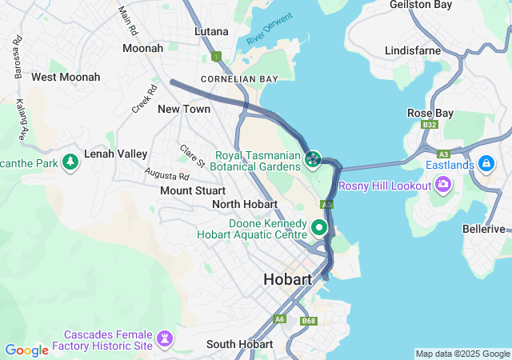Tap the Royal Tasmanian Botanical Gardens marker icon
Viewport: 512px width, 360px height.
(x=313, y=160)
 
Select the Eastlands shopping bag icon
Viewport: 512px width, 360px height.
(x=486, y=164)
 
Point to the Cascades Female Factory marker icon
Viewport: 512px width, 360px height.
(x=165, y=340)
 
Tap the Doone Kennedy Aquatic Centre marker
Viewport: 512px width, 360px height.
(x=320, y=228)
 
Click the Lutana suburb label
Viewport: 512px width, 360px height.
(x=211, y=31)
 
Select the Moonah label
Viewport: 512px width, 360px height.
(x=142, y=48)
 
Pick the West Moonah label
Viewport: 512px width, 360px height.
(x=66, y=77)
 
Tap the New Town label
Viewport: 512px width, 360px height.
(x=184, y=109)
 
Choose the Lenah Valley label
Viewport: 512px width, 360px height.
(x=116, y=154)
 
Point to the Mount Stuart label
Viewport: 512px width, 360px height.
(x=192, y=190)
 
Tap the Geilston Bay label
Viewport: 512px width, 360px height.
(x=421, y=5)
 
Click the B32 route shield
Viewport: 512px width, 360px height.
(x=430, y=125)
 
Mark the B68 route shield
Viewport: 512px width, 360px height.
(x=309, y=321)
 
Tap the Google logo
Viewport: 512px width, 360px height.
(x=26, y=350)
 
